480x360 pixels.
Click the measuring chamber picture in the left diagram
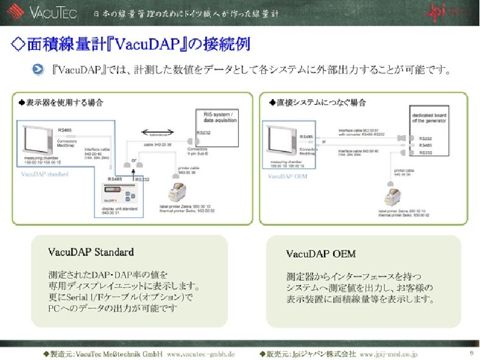[37, 144]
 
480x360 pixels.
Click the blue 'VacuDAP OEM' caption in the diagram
[287, 177]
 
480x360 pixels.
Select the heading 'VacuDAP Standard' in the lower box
[91, 251]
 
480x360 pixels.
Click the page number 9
[471, 353]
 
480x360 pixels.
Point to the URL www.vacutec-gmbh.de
[200, 353]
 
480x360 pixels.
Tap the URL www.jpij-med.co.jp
[389, 353]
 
